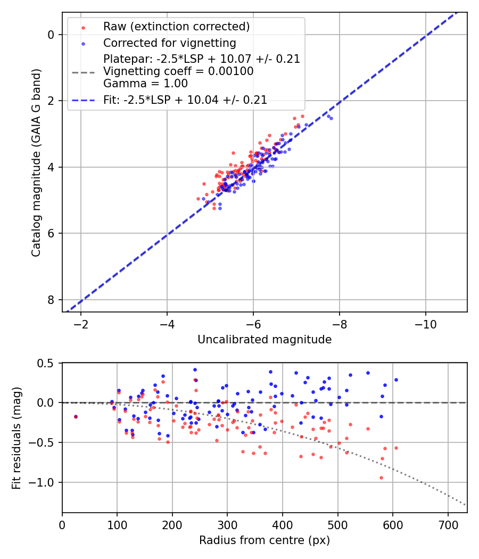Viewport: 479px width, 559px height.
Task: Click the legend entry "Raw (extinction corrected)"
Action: click(x=176, y=27)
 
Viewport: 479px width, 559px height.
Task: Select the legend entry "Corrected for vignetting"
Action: click(x=169, y=43)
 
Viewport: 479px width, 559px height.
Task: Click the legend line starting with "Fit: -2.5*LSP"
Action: click(x=185, y=100)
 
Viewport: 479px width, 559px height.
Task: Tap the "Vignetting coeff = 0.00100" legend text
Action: click(x=178, y=71)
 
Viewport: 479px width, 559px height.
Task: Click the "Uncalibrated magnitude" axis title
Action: click(x=265, y=340)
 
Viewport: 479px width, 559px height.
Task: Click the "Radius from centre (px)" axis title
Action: click(x=265, y=540)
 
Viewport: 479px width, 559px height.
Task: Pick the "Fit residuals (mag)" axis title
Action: click(x=16, y=437)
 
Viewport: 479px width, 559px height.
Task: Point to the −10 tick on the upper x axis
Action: click(x=425, y=324)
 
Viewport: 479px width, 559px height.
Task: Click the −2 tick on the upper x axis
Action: click(x=81, y=324)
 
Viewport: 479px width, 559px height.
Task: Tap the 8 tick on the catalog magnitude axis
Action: click(x=51, y=300)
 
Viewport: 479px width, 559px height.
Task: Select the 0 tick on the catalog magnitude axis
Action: click(x=51, y=35)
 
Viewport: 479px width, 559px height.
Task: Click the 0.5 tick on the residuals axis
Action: click(x=47, y=363)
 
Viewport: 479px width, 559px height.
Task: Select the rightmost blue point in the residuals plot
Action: click(x=396, y=380)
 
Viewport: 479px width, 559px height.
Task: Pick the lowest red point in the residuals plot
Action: click(x=381, y=478)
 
